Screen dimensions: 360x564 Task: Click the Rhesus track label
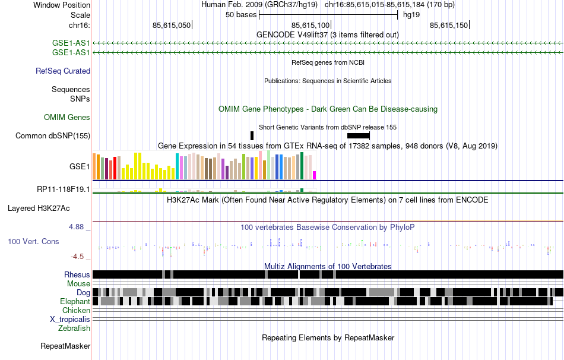[77, 275]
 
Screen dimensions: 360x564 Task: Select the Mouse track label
[78, 284]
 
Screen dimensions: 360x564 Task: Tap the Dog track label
[83, 293]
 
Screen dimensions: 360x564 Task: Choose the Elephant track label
[74, 302]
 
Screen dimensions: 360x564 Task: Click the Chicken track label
[76, 311]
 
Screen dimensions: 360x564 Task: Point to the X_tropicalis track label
[70, 320]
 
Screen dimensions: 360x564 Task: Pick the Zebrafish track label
[74, 328]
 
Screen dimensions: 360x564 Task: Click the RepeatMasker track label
[65, 346]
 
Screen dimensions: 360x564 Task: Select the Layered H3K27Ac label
[39, 209]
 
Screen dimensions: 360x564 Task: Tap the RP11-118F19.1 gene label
[64, 190]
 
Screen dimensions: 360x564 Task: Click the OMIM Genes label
[67, 118]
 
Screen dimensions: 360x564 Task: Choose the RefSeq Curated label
[63, 71]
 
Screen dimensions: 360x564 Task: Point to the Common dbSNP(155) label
[53, 136]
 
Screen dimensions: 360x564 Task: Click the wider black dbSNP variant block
[359, 136]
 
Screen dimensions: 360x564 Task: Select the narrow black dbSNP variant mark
[252, 136]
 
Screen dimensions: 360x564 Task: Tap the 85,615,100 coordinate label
[310, 26]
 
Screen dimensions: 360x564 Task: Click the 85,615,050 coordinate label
[172, 26]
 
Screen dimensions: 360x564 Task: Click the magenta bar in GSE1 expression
[315, 175]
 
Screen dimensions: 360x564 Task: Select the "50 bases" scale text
[240, 14]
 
